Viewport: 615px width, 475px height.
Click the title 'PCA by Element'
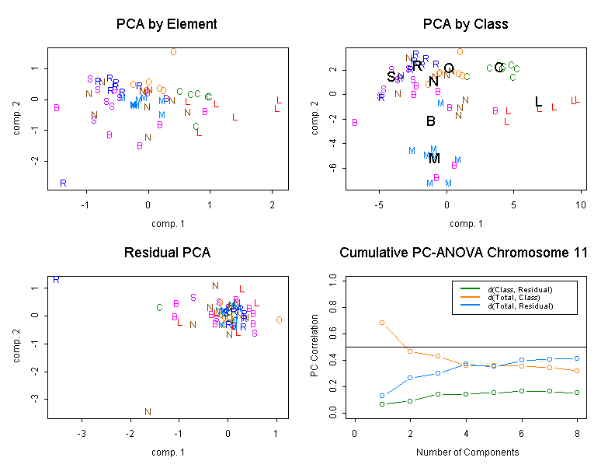[x=166, y=24]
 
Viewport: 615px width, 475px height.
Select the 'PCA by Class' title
[x=465, y=24]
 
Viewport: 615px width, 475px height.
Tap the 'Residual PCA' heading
[x=166, y=253]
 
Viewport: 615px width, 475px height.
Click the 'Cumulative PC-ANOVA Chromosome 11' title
[x=464, y=253]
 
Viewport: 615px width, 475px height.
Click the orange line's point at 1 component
[x=382, y=322]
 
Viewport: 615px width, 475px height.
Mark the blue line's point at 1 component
[x=382, y=396]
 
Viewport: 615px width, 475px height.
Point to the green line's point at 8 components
[x=578, y=393]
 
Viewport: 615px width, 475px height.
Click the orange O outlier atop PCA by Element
[x=173, y=52]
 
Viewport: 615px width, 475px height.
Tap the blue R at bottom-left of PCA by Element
[x=63, y=183]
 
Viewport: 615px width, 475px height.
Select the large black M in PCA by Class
[x=434, y=159]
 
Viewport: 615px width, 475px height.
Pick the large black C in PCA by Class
[x=499, y=68]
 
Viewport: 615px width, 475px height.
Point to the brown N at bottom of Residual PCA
[x=148, y=412]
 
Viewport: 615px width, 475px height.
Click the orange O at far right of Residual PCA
[x=278, y=320]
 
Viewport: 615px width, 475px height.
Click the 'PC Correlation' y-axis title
[x=315, y=346]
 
